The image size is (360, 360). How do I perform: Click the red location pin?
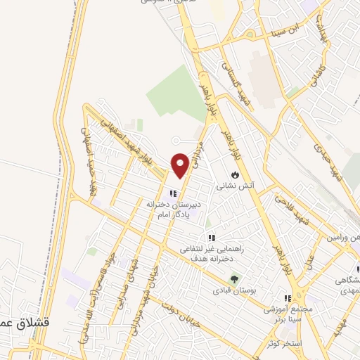click(x=181, y=165)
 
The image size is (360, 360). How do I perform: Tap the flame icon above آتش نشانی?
click(x=235, y=174)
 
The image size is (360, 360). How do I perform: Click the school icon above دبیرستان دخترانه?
click(x=172, y=193)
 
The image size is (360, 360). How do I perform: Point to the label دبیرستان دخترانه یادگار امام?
click(x=173, y=208)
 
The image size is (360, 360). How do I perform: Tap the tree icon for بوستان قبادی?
click(x=236, y=278)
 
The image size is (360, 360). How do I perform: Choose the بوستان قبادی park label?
click(x=236, y=289)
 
